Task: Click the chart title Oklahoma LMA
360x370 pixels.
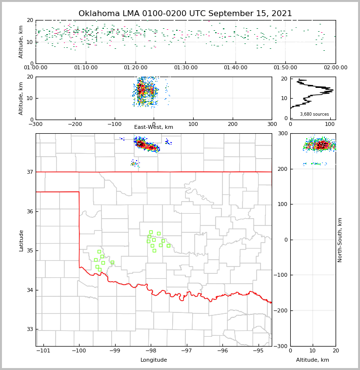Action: tap(185, 14)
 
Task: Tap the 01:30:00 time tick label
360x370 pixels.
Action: tap(186, 68)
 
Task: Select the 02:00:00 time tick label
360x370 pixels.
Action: tap(335, 68)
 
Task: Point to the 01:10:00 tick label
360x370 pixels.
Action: tap(86, 68)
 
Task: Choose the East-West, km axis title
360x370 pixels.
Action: tap(154, 127)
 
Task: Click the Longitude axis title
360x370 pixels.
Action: tap(154, 360)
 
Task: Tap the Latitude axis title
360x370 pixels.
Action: tap(21, 240)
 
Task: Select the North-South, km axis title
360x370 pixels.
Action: tap(340, 240)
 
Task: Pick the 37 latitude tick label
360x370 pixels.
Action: tap(29, 172)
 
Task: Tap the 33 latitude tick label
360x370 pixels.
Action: tap(29, 329)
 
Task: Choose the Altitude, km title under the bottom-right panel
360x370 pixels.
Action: tap(313, 360)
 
